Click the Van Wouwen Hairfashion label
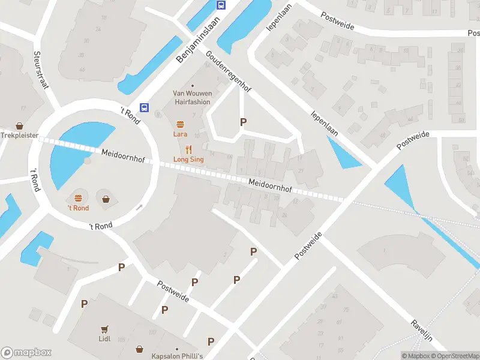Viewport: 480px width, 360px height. (x=192, y=97)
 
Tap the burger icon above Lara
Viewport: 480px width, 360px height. (x=180, y=124)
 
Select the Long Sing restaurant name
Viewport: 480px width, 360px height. (x=188, y=159)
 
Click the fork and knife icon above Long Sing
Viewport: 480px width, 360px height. (x=188, y=149)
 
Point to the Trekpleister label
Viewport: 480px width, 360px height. (x=19, y=136)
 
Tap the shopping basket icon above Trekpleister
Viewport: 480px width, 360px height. (x=20, y=126)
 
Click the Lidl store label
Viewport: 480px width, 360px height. (x=105, y=338)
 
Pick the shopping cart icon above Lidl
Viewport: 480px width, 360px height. (x=105, y=329)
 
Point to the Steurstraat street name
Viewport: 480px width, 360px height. (x=41, y=69)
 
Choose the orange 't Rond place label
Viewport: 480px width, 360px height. (x=78, y=208)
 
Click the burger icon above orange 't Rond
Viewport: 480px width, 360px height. (x=78, y=198)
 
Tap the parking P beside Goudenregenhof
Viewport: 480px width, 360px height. (x=243, y=122)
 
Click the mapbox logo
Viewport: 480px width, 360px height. (x=26, y=353)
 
